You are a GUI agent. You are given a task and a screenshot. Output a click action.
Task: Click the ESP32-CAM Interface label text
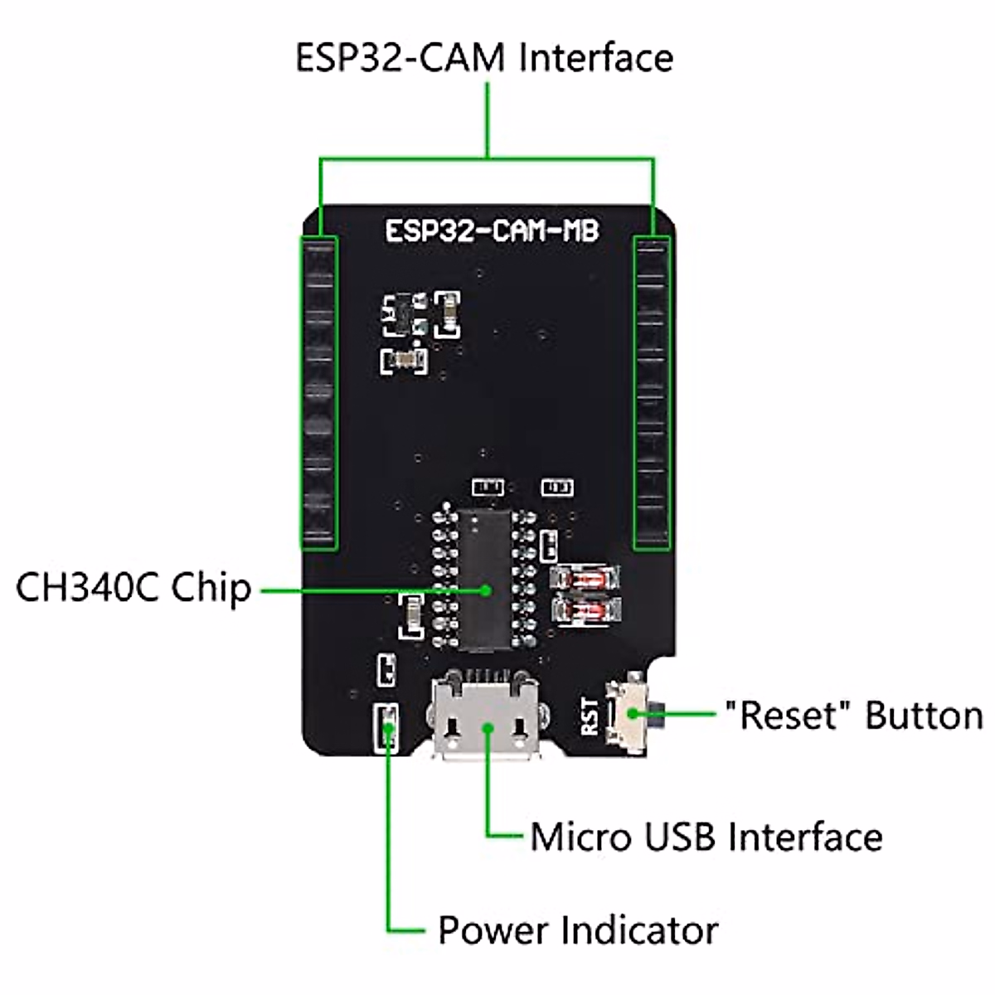pos(484,58)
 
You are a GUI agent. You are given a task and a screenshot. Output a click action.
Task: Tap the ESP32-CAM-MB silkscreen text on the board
pos(492,231)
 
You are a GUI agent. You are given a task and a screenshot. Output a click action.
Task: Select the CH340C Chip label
pos(133,588)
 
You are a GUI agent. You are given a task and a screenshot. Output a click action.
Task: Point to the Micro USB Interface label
pos(706,837)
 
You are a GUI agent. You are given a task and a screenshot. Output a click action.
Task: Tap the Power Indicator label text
pos(578,930)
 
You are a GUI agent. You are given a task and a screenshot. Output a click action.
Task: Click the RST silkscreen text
pos(590,716)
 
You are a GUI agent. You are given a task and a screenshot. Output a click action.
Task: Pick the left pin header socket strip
pos(318,392)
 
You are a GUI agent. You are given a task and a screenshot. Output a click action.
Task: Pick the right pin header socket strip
pos(651,392)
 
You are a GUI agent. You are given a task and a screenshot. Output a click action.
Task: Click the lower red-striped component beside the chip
pos(585,612)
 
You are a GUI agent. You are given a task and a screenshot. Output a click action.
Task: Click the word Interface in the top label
pos(596,58)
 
